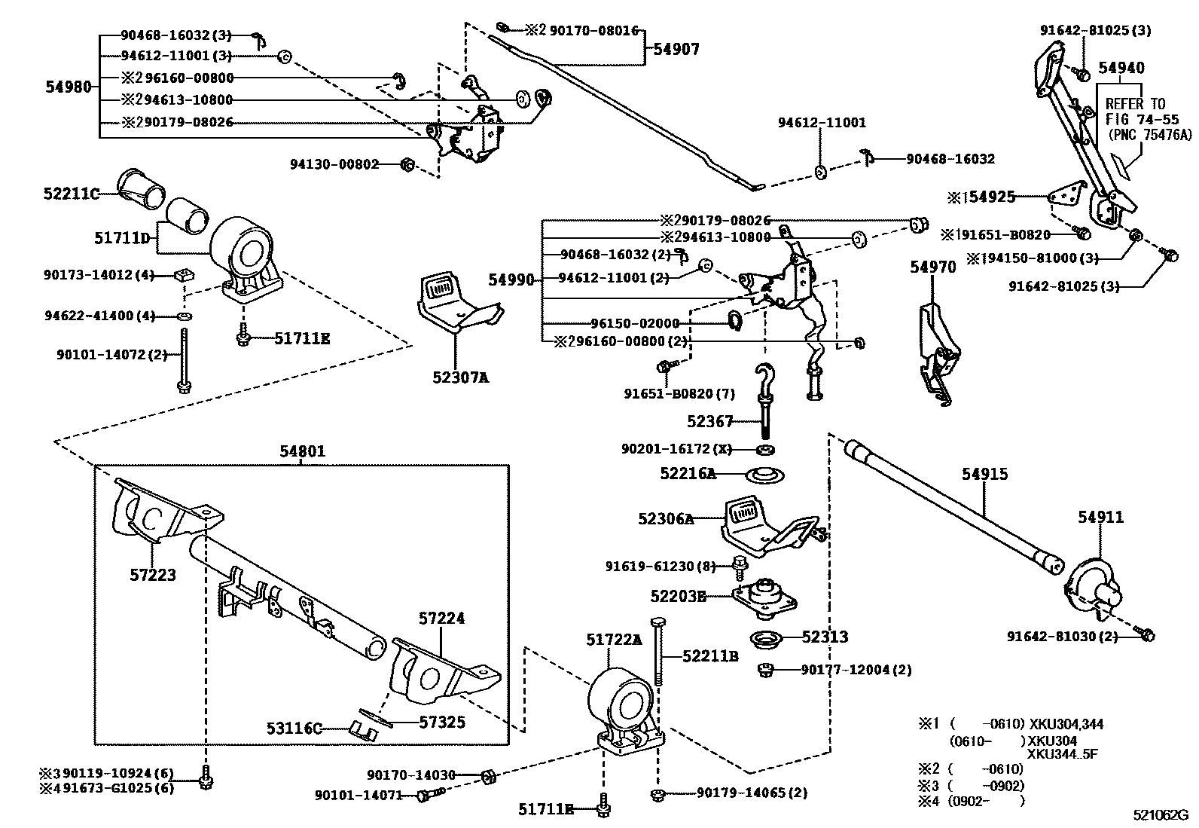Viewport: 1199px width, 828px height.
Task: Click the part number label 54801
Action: tap(302, 451)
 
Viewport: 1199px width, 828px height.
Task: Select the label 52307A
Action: tap(460, 377)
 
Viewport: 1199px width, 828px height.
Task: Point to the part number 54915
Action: tap(984, 474)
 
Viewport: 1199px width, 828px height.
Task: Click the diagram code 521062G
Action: tap(1161, 814)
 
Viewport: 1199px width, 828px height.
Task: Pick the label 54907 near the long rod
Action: tap(676, 50)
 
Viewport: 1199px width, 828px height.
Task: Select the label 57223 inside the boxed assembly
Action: tap(152, 575)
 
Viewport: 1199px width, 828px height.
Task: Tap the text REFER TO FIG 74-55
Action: tap(1135, 112)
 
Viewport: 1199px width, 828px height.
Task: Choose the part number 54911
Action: tap(1100, 517)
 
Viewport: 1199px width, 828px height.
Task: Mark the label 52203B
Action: tap(678, 596)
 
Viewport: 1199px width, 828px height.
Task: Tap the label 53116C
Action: tap(294, 729)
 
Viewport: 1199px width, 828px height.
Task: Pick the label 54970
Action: tap(932, 267)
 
